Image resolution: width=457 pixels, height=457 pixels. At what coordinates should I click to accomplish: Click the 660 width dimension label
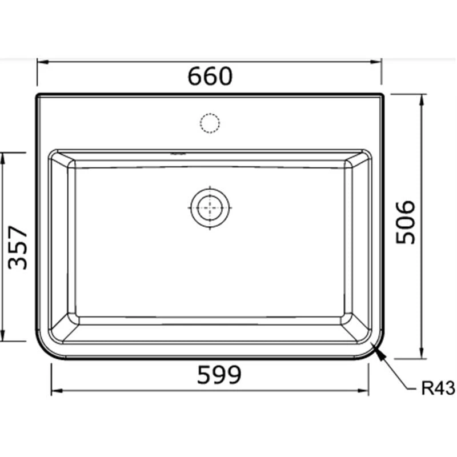(x=210, y=77)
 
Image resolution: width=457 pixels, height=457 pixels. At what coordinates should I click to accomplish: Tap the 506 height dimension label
(x=405, y=222)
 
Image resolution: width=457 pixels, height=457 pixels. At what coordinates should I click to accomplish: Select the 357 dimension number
(x=18, y=248)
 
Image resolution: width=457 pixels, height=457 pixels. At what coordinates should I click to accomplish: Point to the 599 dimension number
(x=219, y=375)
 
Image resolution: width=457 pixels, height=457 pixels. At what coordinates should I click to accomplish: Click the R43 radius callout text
(x=438, y=388)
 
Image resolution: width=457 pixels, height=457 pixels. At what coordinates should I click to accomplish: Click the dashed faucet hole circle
(x=210, y=123)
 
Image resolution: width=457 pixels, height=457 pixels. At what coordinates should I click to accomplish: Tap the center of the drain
(x=210, y=208)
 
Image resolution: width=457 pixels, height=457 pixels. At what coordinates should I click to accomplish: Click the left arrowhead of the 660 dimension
(x=42, y=62)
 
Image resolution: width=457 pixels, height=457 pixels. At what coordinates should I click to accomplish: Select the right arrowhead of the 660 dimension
(x=376, y=62)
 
